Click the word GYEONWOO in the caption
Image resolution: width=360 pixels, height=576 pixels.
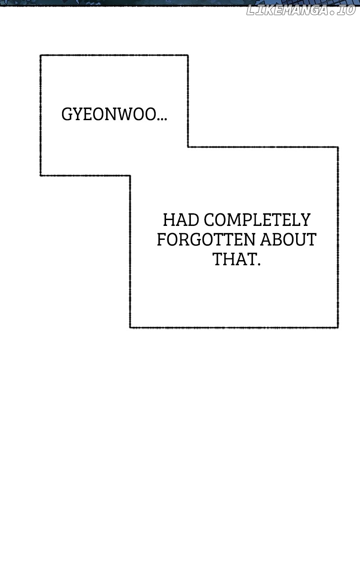109,114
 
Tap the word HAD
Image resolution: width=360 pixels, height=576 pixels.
181,220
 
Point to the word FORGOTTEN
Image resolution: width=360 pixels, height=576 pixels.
206,240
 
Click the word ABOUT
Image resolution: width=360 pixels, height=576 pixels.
288,240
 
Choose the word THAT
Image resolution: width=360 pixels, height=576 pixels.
234,259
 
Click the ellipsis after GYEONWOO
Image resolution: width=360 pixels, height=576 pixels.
162,119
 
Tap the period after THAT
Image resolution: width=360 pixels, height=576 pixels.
258,264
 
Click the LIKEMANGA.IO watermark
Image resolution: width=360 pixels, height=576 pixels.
301,10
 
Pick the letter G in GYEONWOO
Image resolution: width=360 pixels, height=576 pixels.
67,114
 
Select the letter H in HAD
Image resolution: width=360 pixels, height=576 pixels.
169,220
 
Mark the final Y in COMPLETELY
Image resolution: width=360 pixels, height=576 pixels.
306,220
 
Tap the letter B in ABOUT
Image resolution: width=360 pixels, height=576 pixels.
276,240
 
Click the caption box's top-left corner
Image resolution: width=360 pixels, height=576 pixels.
40,55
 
